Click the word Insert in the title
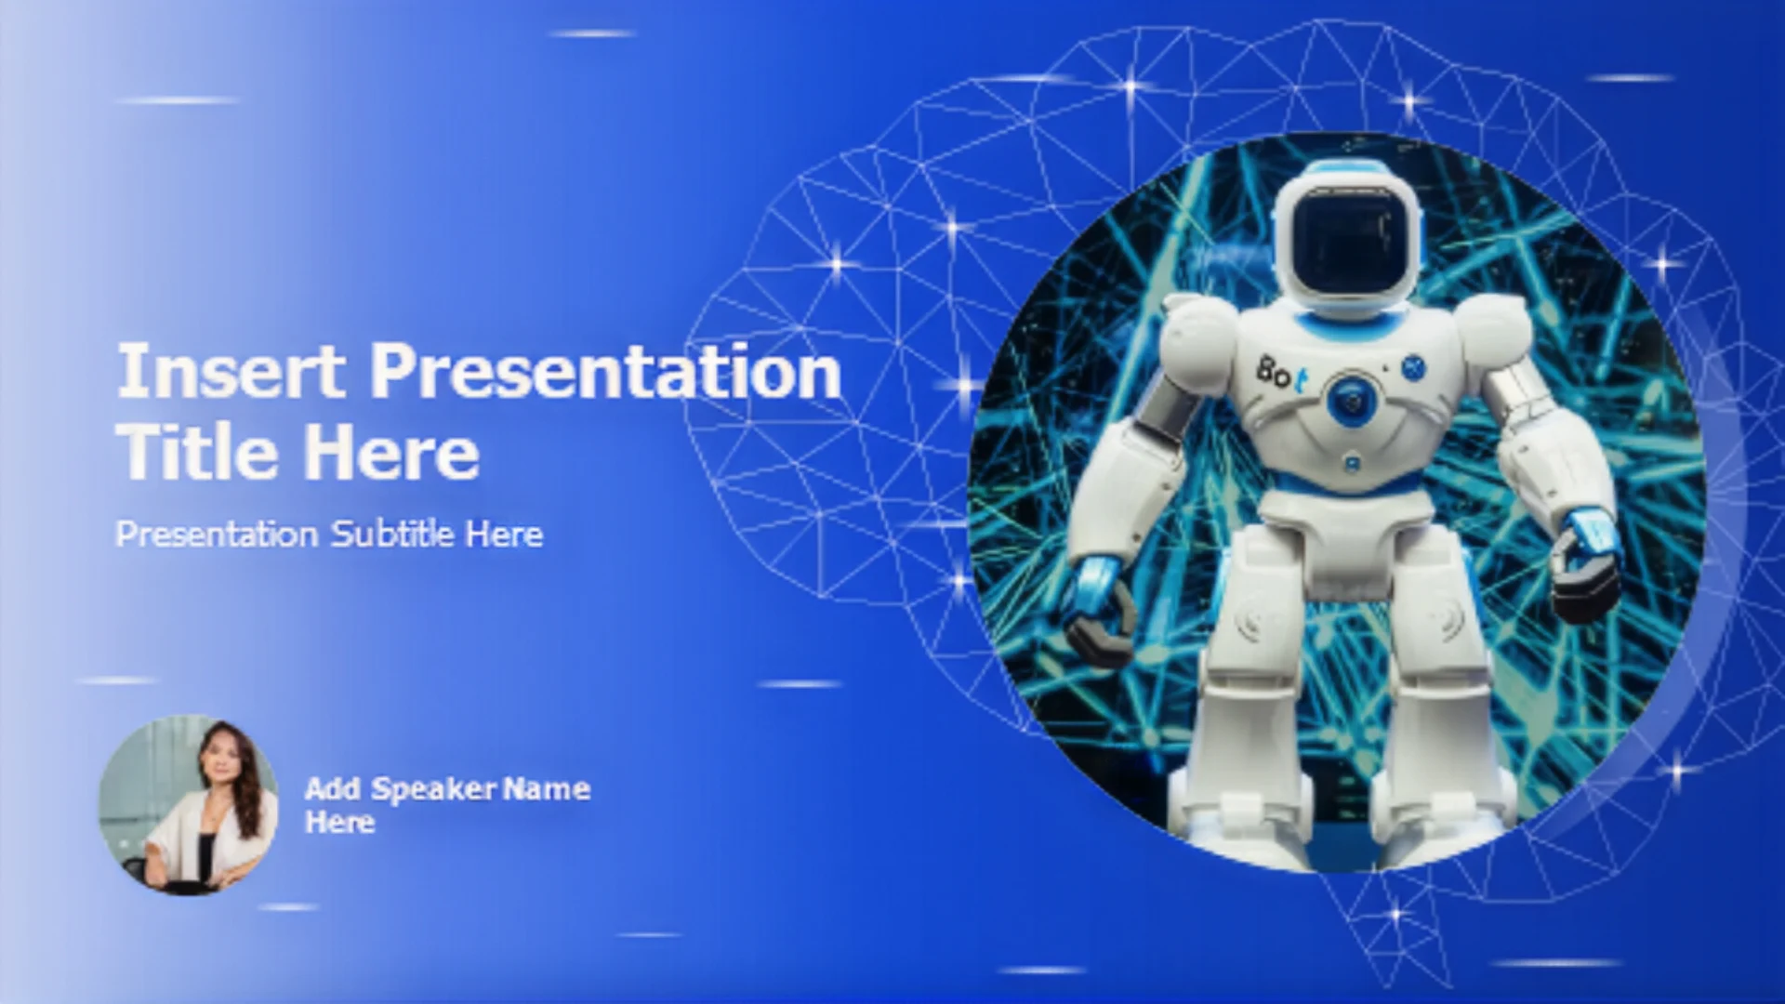pos(231,371)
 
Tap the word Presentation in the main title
pos(606,371)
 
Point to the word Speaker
pos(434,790)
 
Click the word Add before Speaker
pos(333,788)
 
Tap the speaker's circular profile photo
pos(189,805)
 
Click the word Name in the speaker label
pos(547,788)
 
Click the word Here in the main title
pos(391,452)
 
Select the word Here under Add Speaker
pos(340,822)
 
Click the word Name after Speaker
pos(547,788)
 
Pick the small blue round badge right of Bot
pos(1413,367)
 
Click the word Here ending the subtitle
pos(505,534)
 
